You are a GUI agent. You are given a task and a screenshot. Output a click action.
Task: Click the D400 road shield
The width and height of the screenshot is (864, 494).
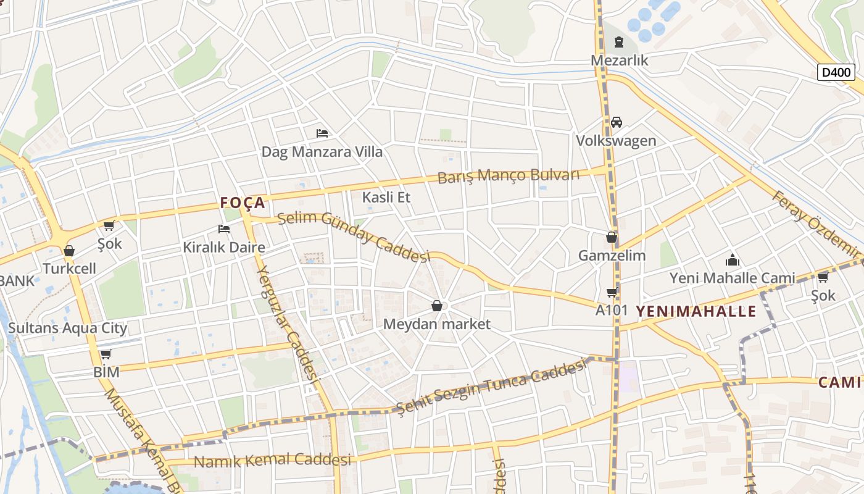[837, 72]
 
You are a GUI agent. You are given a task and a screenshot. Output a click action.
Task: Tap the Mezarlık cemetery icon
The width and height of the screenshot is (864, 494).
[619, 42]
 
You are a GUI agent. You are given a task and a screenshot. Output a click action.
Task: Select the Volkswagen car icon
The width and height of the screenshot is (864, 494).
[616, 122]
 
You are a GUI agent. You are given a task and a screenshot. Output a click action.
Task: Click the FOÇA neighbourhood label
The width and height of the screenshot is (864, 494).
[243, 203]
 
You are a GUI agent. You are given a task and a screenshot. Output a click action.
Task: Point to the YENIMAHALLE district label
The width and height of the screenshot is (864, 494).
[696, 311]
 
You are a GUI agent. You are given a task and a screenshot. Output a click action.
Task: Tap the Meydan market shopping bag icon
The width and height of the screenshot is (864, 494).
[437, 306]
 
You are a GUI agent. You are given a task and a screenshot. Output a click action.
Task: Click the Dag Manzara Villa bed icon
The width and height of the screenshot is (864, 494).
[322, 133]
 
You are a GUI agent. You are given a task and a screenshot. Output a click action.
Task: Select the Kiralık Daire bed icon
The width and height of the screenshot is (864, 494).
[224, 229]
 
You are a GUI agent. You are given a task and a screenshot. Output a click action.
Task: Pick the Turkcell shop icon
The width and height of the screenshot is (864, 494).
[69, 251]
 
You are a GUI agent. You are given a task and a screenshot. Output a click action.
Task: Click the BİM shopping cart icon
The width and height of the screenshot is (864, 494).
[106, 354]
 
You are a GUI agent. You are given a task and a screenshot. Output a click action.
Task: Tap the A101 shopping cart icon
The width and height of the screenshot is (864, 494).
[612, 292]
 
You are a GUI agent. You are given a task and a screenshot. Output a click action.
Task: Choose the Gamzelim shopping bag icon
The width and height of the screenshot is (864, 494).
[612, 237]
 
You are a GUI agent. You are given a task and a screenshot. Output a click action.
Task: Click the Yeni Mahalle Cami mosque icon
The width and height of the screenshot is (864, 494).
[733, 260]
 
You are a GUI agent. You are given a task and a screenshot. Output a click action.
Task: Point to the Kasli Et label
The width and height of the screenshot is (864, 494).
[386, 198]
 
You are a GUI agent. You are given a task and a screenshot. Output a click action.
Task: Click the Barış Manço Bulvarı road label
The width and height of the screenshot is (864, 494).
[509, 175]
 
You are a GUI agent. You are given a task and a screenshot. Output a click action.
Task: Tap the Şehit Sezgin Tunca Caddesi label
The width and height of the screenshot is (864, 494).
[491, 388]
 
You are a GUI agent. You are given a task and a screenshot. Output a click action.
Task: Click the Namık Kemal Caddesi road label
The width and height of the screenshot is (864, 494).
[272, 460]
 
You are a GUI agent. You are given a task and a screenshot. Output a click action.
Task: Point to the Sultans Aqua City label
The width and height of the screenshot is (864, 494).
[67, 327]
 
